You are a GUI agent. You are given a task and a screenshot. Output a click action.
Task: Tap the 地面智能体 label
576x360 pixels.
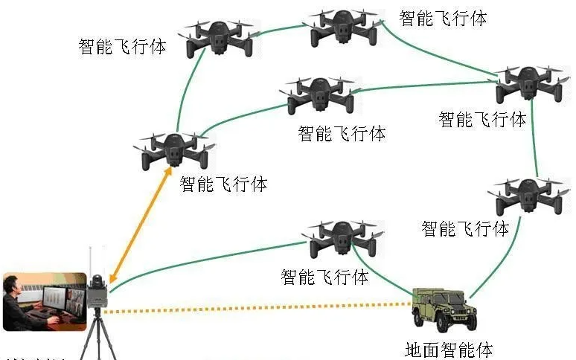[449, 349]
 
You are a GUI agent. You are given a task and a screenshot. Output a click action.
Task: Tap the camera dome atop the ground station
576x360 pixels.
[96, 282]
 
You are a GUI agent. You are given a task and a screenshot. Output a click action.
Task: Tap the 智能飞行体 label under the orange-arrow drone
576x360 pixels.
[223, 183]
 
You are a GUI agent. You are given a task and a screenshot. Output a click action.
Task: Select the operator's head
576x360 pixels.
[13, 285]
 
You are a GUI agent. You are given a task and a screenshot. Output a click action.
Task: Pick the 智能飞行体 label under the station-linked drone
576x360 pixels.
[324, 277]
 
